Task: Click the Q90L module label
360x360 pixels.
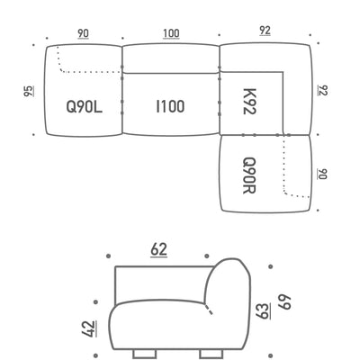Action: (85, 107)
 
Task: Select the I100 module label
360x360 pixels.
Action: (170, 106)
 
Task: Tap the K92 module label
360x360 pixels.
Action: (249, 102)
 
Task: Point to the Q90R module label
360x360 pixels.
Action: (249, 175)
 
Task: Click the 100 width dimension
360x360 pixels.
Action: (171, 33)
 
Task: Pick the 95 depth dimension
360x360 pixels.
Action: (29, 91)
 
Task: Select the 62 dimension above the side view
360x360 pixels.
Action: (158, 250)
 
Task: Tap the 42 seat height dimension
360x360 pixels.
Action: (89, 328)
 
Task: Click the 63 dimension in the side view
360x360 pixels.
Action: (263, 311)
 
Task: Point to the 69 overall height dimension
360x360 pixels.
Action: (284, 301)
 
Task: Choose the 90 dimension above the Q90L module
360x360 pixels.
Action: (83, 34)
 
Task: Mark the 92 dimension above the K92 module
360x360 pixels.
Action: (265, 31)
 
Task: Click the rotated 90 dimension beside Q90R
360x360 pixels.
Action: (322, 174)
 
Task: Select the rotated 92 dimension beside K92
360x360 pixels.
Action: (323, 90)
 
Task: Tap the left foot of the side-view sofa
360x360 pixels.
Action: (144, 354)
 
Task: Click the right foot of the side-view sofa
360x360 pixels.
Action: (211, 354)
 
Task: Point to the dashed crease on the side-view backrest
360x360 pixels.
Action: (209, 309)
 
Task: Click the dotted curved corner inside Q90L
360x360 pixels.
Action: (61, 70)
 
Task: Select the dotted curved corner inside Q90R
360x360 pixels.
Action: (285, 192)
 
